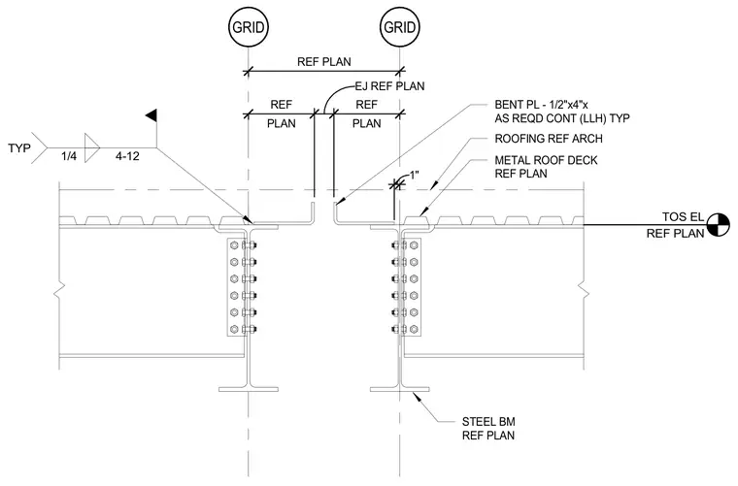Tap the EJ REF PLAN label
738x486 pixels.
point(389,86)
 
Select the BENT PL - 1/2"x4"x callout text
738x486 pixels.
point(541,105)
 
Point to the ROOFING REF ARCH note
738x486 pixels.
point(549,139)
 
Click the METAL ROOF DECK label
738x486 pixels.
point(546,160)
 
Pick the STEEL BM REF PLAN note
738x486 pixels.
point(488,428)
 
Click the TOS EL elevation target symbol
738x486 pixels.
point(717,225)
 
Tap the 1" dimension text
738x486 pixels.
point(415,176)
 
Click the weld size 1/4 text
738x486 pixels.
point(69,155)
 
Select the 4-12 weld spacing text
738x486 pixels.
point(127,155)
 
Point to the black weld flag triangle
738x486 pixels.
point(151,115)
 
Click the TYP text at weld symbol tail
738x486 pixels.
point(19,148)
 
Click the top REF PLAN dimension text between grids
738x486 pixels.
point(323,61)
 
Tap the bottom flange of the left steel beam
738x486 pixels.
point(249,389)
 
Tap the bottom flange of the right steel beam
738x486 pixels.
point(400,389)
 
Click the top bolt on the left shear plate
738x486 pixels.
point(250,244)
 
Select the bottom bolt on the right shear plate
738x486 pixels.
point(399,329)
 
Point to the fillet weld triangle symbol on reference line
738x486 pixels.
point(92,148)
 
